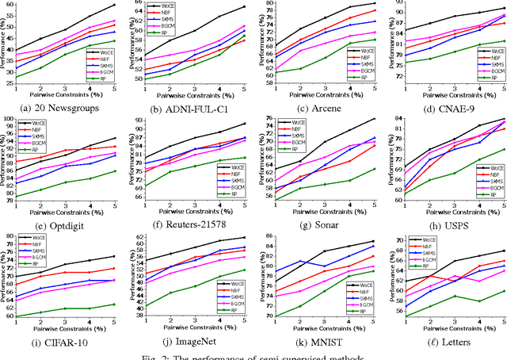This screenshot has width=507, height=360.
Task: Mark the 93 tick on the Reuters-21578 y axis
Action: [138, 120]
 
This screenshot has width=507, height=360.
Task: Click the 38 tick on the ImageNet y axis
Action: [138, 315]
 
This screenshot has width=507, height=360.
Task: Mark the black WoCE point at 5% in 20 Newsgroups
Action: [115, 5]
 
